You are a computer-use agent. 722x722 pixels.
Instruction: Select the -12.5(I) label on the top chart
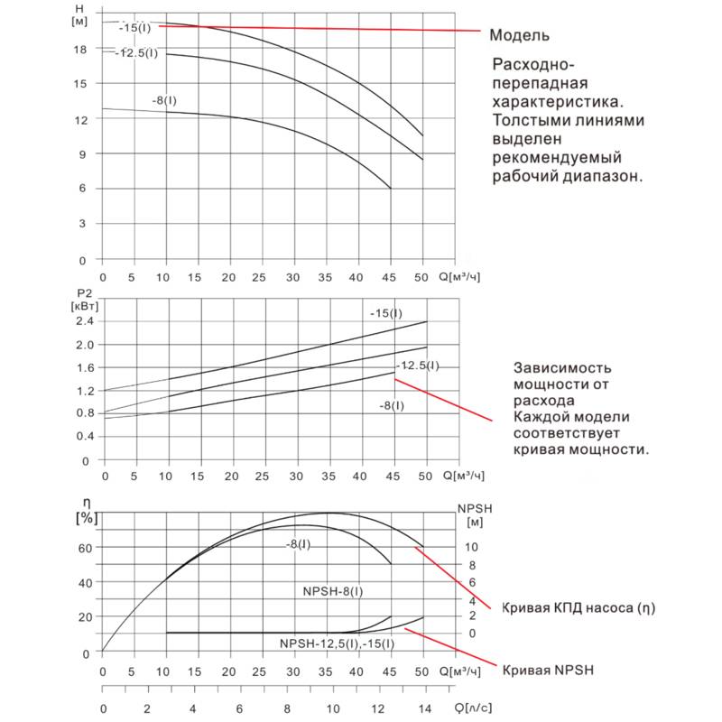pos(136,52)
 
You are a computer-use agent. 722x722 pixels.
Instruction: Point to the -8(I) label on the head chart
pos(164,99)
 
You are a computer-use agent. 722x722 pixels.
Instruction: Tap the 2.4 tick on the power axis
pos(84,321)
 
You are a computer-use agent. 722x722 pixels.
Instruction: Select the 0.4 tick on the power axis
pos(84,436)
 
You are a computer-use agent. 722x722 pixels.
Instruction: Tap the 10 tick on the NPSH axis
pos(467,547)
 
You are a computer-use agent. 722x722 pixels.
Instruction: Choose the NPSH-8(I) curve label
pos(334,590)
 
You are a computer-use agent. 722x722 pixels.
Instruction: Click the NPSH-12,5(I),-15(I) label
pos(337,643)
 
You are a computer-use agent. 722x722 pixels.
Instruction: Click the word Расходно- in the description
pos(532,64)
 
